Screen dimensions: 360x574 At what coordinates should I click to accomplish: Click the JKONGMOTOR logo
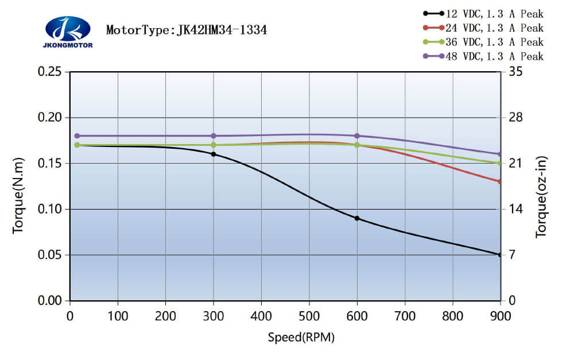[x=67, y=32]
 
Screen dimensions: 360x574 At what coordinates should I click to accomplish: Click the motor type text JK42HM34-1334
[x=187, y=30]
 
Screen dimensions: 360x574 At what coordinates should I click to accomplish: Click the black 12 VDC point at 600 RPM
[x=357, y=218]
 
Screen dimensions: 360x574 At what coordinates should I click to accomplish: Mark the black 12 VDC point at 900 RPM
[x=500, y=254]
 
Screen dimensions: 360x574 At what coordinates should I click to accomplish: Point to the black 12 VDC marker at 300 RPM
[x=214, y=154]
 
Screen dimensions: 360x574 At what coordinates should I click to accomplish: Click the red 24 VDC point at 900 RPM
[x=500, y=181]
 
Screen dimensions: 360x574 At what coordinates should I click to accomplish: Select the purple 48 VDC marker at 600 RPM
[x=357, y=136]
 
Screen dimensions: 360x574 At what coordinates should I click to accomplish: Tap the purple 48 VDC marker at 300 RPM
[x=214, y=136]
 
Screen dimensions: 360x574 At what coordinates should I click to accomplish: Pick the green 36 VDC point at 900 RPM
[x=500, y=163]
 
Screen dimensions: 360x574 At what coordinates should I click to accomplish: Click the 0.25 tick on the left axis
[x=49, y=72]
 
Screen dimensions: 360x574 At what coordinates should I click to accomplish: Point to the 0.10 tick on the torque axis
[x=49, y=209]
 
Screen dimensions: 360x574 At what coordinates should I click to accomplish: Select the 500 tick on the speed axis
[x=309, y=315]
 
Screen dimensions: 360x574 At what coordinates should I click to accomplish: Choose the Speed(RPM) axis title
[x=301, y=337]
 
